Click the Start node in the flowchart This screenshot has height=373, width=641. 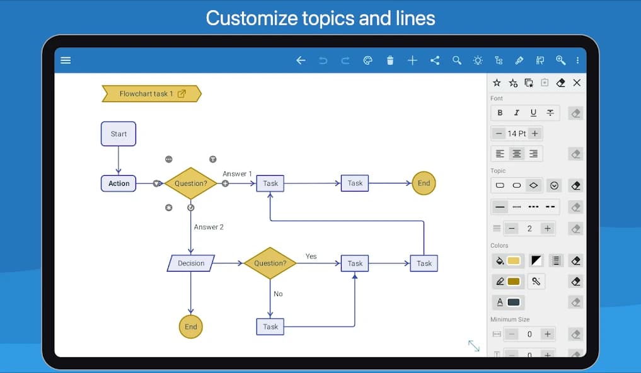(x=118, y=134)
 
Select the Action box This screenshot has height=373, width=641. (x=118, y=183)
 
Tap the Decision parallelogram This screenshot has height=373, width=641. (x=191, y=263)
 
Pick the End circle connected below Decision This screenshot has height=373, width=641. (x=191, y=326)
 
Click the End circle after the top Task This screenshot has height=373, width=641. (x=424, y=183)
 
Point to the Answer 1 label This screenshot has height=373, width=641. (x=237, y=174)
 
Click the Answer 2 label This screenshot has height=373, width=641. (x=209, y=227)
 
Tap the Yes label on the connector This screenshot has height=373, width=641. (x=311, y=256)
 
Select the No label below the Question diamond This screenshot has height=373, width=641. (x=278, y=294)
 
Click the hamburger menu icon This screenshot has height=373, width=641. (x=66, y=60)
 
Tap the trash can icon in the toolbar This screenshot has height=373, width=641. (x=390, y=60)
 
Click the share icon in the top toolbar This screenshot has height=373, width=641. (x=435, y=60)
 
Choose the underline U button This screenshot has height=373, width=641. (x=533, y=113)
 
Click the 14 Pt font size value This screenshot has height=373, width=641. (x=517, y=134)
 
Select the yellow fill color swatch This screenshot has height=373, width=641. (x=513, y=260)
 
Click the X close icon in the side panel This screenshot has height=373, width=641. (x=577, y=83)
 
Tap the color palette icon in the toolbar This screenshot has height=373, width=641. (x=368, y=60)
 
